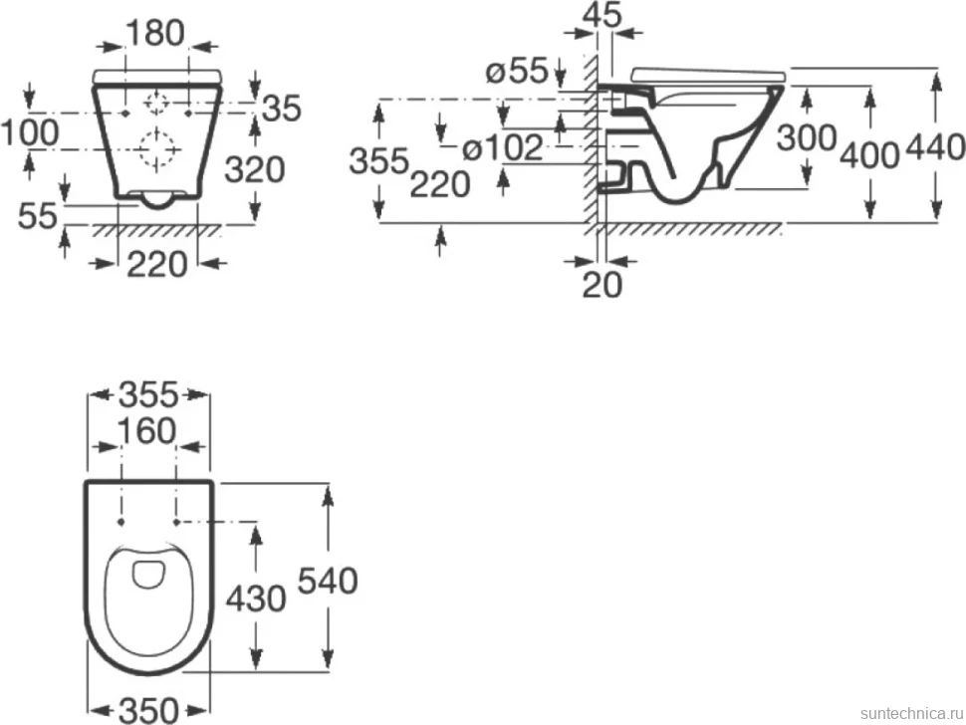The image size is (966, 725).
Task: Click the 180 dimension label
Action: point(155,33)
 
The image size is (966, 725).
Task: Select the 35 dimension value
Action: point(282,109)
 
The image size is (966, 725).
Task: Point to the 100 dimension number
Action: point(30,132)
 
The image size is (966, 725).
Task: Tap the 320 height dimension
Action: point(254,169)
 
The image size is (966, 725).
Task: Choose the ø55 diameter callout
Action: point(517,72)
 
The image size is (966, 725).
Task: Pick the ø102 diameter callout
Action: point(503,147)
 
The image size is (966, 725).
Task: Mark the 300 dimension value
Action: point(806,138)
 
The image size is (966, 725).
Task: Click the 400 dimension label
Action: point(869,155)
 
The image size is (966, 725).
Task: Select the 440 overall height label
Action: point(935,148)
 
